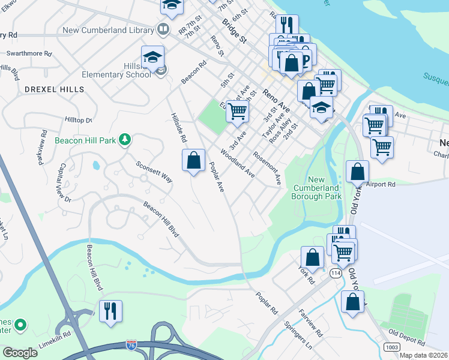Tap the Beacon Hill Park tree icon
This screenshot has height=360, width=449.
[125, 140]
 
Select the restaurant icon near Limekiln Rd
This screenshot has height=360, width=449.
[110, 311]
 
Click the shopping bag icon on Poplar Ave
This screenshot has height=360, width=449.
[193, 160]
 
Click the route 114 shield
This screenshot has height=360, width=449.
[335, 273]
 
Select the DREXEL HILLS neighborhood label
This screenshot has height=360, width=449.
[55, 89]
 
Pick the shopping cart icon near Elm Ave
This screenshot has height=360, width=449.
[237, 110]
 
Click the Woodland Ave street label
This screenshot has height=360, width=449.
[238, 163]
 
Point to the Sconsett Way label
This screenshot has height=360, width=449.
[154, 172]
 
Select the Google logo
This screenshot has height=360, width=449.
[20, 352]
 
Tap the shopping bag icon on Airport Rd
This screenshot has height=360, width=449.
[357, 172]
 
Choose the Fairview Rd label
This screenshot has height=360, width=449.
[311, 323]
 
